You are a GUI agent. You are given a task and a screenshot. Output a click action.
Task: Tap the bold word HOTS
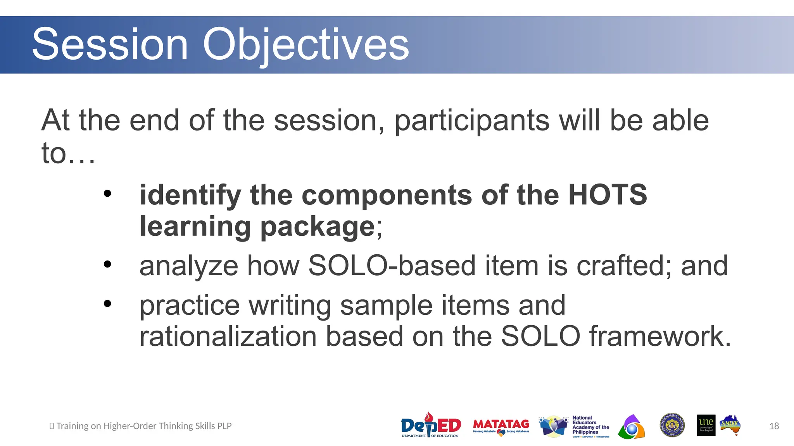607,195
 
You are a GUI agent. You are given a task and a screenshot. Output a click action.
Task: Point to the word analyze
188,266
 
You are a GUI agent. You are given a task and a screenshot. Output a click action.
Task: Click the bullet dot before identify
107,194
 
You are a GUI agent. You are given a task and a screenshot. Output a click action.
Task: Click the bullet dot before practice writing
107,304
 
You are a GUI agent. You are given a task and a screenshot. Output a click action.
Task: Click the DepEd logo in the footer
431,425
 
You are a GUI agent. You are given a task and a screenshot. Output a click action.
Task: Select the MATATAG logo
501,426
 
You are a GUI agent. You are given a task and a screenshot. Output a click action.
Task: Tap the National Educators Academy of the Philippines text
590,425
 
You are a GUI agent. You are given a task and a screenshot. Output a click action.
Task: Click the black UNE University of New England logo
706,425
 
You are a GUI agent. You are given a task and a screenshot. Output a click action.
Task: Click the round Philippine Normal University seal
672,425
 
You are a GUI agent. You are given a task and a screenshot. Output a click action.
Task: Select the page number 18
774,426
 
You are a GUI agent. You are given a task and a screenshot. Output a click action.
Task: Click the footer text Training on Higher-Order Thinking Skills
143,426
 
